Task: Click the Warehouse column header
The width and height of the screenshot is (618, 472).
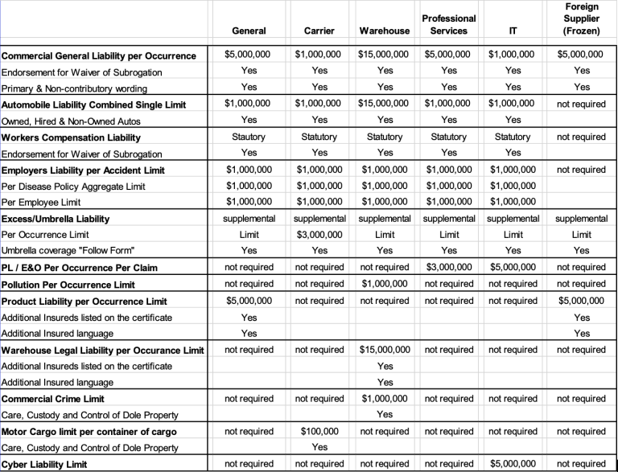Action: click(385, 31)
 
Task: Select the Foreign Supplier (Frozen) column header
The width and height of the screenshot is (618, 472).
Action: click(582, 18)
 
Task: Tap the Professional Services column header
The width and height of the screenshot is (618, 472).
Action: click(449, 24)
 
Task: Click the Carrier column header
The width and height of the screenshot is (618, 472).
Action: click(319, 31)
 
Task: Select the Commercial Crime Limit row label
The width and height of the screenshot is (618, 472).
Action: click(53, 399)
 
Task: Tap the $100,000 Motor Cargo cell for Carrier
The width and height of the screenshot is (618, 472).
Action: click(319, 431)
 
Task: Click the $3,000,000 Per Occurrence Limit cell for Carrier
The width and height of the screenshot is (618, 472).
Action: click(319, 235)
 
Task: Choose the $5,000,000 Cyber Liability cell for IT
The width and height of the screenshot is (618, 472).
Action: click(513, 464)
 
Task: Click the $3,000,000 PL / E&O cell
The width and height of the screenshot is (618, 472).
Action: click(449, 268)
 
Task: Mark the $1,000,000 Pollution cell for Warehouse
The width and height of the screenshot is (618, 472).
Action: click(385, 284)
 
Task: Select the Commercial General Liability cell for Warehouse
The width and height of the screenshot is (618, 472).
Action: click(385, 55)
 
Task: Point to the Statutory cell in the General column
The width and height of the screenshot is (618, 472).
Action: click(249, 137)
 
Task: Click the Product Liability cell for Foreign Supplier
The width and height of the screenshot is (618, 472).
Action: click(582, 301)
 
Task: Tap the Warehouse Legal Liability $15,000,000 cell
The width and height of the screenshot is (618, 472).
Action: click(385, 350)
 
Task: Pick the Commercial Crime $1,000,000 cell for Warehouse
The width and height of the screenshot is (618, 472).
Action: click(385, 399)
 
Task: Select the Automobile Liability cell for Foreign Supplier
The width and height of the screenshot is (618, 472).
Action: click(582, 105)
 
